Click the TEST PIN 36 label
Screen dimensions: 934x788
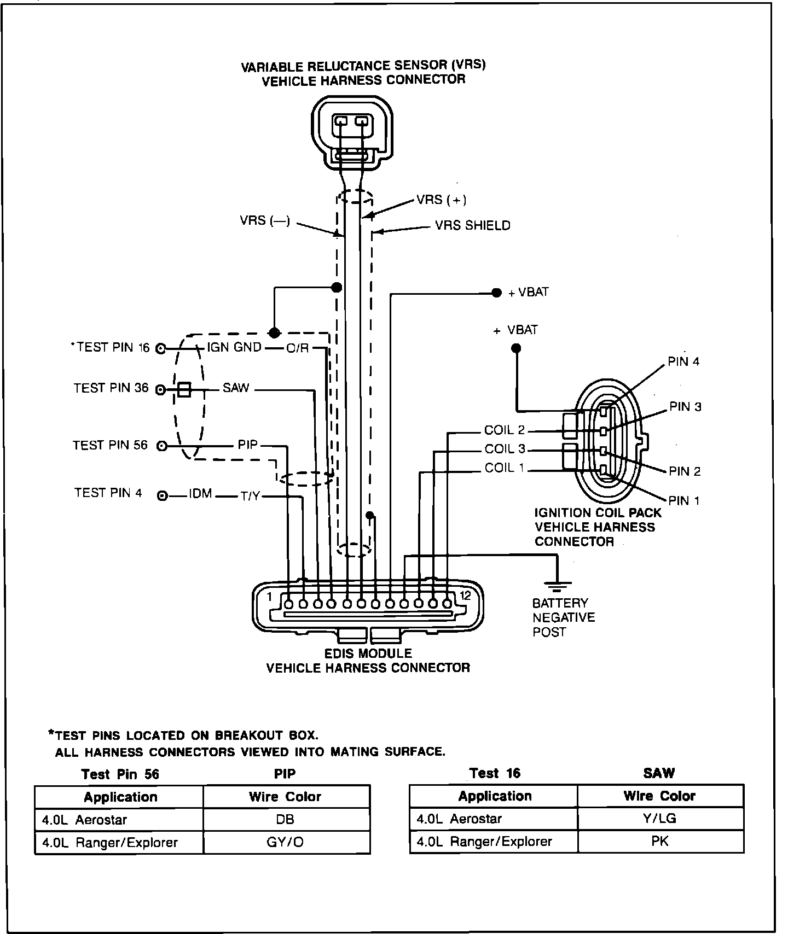tap(111, 388)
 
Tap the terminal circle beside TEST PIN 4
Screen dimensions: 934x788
tap(162, 496)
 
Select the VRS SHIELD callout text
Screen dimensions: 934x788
tap(472, 225)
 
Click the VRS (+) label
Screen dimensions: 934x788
tap(441, 200)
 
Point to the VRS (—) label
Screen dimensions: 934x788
tap(265, 221)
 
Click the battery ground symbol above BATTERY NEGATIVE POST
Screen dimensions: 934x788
tap(558, 586)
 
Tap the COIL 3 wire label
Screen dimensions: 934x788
tap(505, 449)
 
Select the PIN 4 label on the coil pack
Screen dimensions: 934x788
tap(683, 361)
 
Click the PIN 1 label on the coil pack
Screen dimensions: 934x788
tap(683, 500)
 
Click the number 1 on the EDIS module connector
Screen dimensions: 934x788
tap(269, 597)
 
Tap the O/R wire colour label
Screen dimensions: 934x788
tap(298, 348)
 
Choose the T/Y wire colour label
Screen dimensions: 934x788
tap(250, 497)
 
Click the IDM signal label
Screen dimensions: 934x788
tap(200, 494)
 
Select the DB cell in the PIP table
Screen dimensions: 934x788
tap(286, 820)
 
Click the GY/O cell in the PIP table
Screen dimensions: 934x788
tap(286, 842)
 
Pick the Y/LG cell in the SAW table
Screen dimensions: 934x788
tap(659, 819)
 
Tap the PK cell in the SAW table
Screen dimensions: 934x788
tap(659, 841)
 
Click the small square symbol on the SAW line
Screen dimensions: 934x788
tap(184, 389)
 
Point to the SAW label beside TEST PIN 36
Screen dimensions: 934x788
tap(236, 388)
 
